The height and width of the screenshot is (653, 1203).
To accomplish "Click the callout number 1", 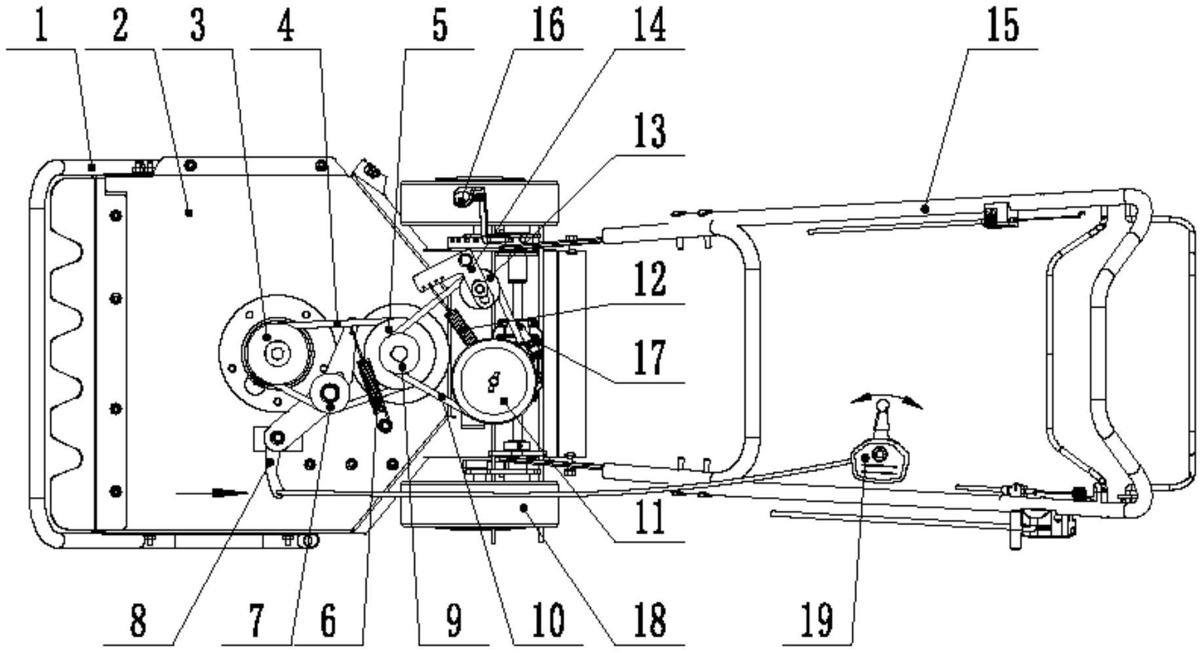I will pyautogui.click(x=41, y=26).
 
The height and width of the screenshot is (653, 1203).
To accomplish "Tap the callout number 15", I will pyautogui.click(x=1004, y=26).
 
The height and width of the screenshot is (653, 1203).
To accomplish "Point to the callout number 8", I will pyautogui.click(x=138, y=620).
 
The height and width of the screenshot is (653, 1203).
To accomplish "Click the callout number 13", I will pyautogui.click(x=649, y=132).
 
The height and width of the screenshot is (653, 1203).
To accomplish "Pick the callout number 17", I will pyautogui.click(x=649, y=357).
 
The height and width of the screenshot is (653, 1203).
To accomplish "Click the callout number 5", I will pyautogui.click(x=439, y=26).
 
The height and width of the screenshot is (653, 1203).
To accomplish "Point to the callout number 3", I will pyautogui.click(x=197, y=26).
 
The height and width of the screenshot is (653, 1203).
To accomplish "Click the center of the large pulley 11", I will pyautogui.click(x=493, y=384).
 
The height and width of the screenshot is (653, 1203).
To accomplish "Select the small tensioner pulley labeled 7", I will pyautogui.click(x=330, y=393).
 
